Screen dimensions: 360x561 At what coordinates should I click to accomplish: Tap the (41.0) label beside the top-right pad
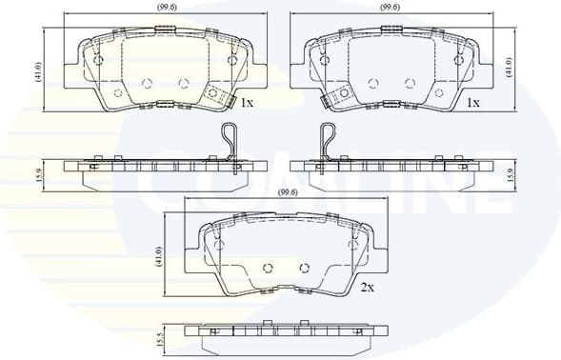(508, 70)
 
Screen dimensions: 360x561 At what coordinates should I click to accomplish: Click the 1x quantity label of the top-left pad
(246, 102)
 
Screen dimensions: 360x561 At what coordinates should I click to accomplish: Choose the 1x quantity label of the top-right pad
(471, 102)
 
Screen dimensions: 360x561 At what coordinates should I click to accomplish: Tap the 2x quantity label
(367, 286)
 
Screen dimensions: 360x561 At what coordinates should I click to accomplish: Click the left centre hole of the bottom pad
(268, 268)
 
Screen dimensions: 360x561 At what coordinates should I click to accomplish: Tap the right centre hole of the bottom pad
(305, 268)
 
